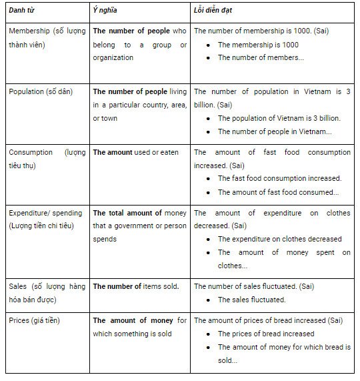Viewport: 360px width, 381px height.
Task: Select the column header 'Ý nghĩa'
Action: pyautogui.click(x=107, y=11)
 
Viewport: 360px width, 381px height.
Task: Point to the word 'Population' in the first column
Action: pyautogui.click(x=29, y=91)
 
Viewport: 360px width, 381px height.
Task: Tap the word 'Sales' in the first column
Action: pyautogui.click(x=18, y=286)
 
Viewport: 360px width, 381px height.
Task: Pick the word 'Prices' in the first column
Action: pyautogui.click(x=20, y=320)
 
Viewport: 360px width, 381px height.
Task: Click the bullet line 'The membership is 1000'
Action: pyautogui.click(x=258, y=44)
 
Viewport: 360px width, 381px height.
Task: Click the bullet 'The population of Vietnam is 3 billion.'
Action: pyautogui.click(x=279, y=118)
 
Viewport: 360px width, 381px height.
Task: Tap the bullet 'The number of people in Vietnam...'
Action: pyautogui.click(x=275, y=131)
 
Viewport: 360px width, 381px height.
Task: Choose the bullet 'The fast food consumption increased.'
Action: pyautogui.click(x=279, y=179)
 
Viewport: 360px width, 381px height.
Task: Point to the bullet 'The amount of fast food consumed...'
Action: pyautogui.click(x=278, y=192)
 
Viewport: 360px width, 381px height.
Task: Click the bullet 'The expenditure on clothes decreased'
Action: pyautogui.click(x=279, y=239)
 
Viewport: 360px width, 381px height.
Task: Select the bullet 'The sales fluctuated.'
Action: pyautogui.click(x=251, y=300)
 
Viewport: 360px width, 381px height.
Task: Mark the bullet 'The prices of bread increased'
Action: pyautogui.click(x=266, y=334)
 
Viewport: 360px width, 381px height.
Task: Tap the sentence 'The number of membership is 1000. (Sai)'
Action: pyautogui.click(x=270, y=31)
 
